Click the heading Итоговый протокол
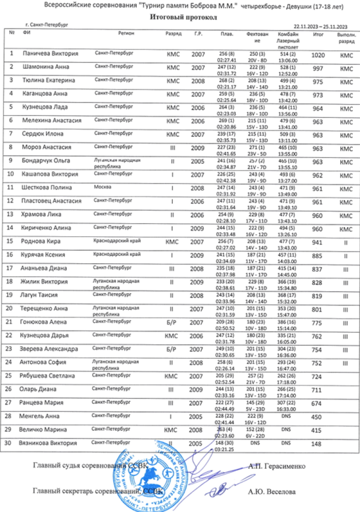(x=180, y=17)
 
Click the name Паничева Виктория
(x=50, y=54)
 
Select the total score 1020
(x=318, y=55)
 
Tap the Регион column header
(x=126, y=34)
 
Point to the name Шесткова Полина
(x=47, y=187)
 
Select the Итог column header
(x=318, y=35)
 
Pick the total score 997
(x=318, y=69)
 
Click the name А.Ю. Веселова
(x=272, y=491)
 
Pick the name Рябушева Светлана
(x=52, y=376)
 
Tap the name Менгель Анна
(x=43, y=416)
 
